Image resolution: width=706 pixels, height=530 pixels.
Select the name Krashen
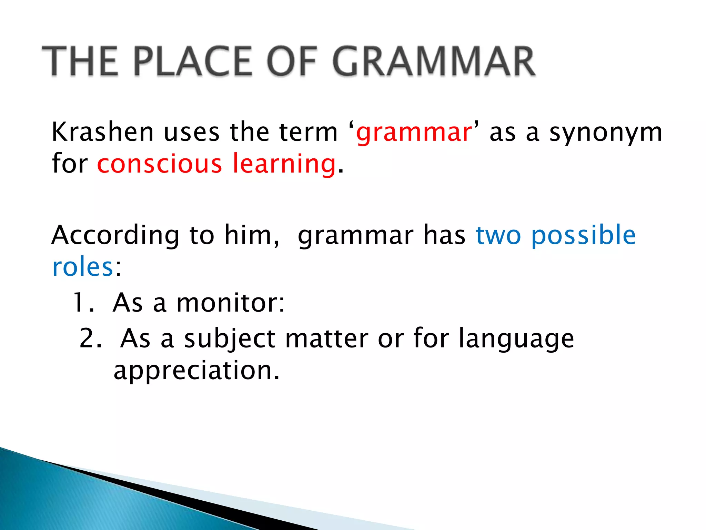point(102,132)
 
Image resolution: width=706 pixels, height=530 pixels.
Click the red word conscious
point(159,164)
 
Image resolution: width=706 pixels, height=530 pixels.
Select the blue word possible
point(583,236)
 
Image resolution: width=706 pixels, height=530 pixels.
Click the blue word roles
point(83,267)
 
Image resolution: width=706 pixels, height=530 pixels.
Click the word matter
point(327,338)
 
